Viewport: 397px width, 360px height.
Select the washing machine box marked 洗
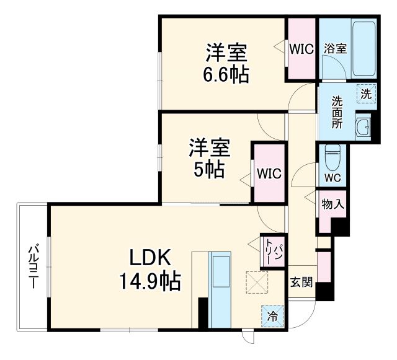coord(366,95)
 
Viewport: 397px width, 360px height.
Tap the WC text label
coord(332,178)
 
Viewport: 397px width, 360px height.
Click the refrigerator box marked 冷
coord(272,315)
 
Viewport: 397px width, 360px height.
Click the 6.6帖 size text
coord(226,75)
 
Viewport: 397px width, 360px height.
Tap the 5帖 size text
coord(208,169)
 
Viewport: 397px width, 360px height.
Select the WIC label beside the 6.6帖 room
coord(301,49)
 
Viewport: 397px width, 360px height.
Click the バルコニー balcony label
coord(33,267)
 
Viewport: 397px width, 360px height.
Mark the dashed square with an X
coord(256,283)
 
